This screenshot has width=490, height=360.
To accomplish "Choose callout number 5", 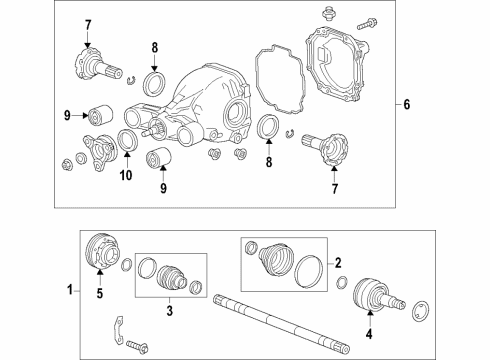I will click(x=98, y=295).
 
